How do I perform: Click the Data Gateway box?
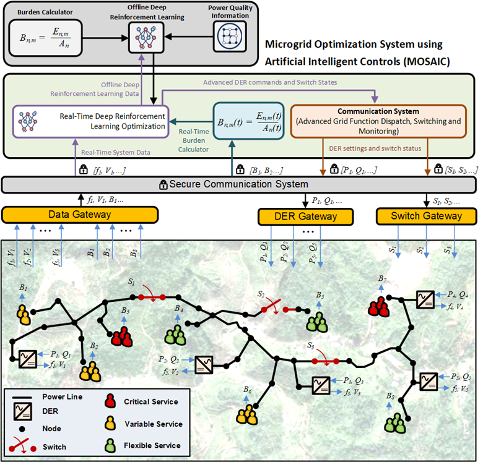click(x=80, y=214)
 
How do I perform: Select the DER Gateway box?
click(x=305, y=216)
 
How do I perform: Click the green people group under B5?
click(x=317, y=321)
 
